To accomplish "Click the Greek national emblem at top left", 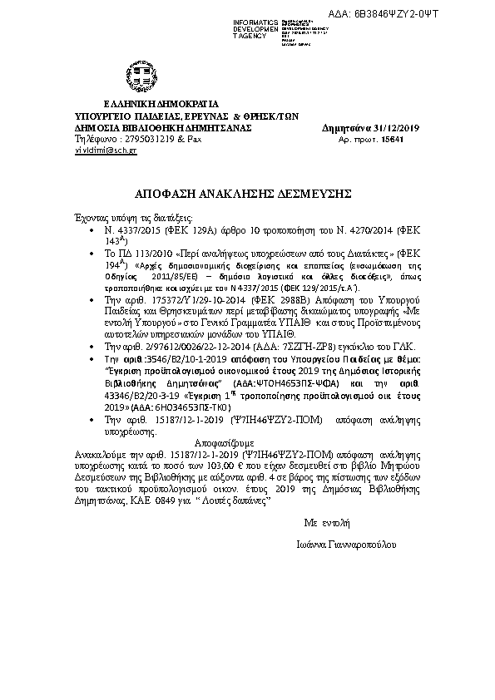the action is click(135, 72).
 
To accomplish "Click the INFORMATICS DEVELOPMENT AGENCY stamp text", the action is click(257, 27).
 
